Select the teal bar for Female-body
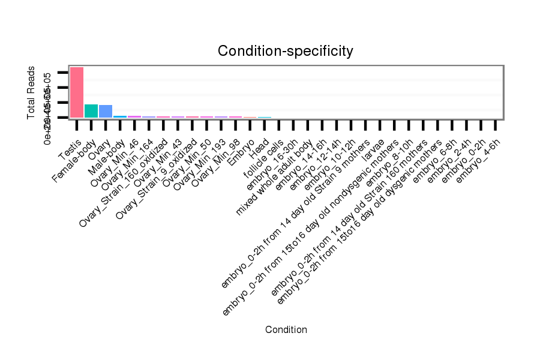91,111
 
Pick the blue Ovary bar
106,111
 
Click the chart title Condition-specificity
285,51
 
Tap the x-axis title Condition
286,329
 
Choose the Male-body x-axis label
107,157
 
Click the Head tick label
259,147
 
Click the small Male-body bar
120,116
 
